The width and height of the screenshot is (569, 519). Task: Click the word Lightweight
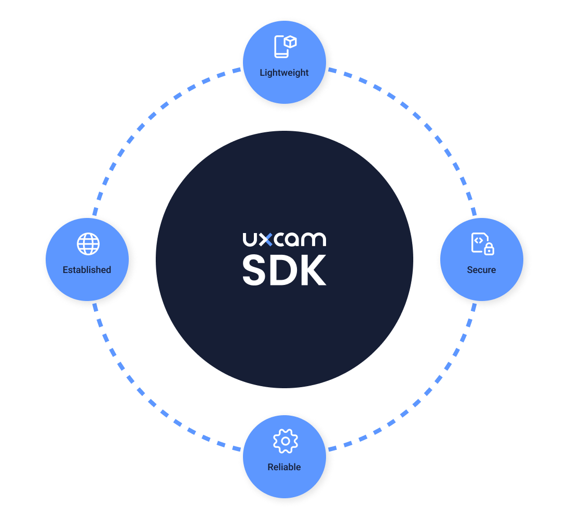[284, 73]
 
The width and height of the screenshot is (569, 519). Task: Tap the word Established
[87, 270]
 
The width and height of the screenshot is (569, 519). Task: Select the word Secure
[481, 270]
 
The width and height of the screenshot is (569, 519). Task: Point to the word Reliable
[284, 467]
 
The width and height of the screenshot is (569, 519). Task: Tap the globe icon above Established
[88, 244]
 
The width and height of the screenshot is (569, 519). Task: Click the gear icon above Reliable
[285, 441]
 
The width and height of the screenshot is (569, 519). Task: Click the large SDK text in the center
[284, 270]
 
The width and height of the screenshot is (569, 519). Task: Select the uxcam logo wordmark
[284, 239]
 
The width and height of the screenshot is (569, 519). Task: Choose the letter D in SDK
[284, 270]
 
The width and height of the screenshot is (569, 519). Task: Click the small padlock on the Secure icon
[489, 250]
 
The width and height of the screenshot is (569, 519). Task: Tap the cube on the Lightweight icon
[290, 42]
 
